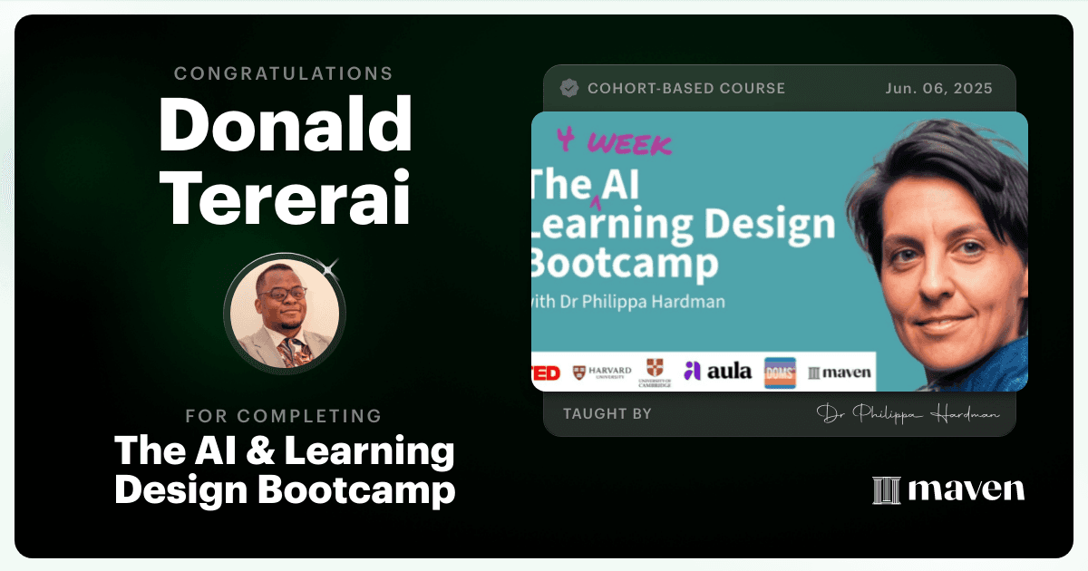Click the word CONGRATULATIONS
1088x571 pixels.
pos(283,73)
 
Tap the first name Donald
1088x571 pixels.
pos(286,124)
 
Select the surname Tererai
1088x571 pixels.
pos(285,198)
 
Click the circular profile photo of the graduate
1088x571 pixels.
pos(285,314)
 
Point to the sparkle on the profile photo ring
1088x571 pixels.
pos(329,268)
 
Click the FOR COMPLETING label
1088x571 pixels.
pos(284,416)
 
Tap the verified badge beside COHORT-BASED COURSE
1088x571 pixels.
pos(569,88)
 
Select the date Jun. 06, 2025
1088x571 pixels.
pos(938,89)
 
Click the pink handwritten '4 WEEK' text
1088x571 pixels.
pos(615,141)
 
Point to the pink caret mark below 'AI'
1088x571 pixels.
pos(597,203)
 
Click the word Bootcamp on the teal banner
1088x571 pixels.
pos(625,264)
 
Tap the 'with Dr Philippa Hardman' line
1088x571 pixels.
pos(628,302)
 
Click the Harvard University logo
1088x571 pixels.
pos(602,373)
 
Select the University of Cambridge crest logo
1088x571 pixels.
pos(655,373)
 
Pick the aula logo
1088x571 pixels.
pos(717,372)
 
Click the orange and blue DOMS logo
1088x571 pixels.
pos(780,373)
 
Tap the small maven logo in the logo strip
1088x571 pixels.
pos(840,373)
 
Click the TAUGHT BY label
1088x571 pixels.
pos(607,413)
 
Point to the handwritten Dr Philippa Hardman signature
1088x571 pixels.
pos(908,414)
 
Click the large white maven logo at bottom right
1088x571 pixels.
pos(948,489)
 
